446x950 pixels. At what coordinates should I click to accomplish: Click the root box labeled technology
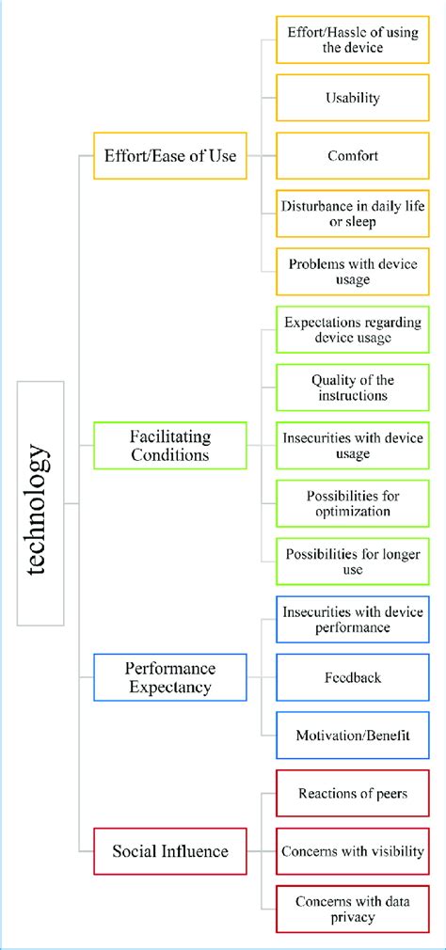coord(40,503)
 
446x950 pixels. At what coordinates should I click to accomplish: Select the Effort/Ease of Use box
coord(170,155)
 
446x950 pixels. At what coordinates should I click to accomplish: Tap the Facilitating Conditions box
coord(170,445)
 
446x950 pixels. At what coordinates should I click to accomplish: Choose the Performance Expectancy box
coord(170,677)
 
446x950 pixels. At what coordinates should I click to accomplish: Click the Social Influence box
coord(170,851)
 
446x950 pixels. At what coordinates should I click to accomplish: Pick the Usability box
coord(353,97)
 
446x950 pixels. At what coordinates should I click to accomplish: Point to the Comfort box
coord(353,155)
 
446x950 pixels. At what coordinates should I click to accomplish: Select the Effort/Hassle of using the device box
coord(353,40)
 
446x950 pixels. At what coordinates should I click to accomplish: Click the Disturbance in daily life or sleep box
coord(353,214)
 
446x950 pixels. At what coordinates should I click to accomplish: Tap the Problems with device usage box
coord(353,272)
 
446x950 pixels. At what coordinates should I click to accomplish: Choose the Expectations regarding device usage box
coord(353,329)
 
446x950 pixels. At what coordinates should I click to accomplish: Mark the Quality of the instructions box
coord(353,388)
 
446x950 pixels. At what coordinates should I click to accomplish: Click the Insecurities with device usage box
coord(353,446)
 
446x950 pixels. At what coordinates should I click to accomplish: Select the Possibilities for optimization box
coord(353,504)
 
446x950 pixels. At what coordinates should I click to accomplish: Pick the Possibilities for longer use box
coord(353,562)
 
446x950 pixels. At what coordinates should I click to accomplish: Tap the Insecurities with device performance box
coord(353,619)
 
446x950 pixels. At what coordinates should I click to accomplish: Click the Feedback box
coord(353,677)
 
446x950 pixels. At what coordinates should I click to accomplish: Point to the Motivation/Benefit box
coord(353,736)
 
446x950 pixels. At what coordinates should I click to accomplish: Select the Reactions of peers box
coord(353,794)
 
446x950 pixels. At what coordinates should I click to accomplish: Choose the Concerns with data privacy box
coord(353,910)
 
